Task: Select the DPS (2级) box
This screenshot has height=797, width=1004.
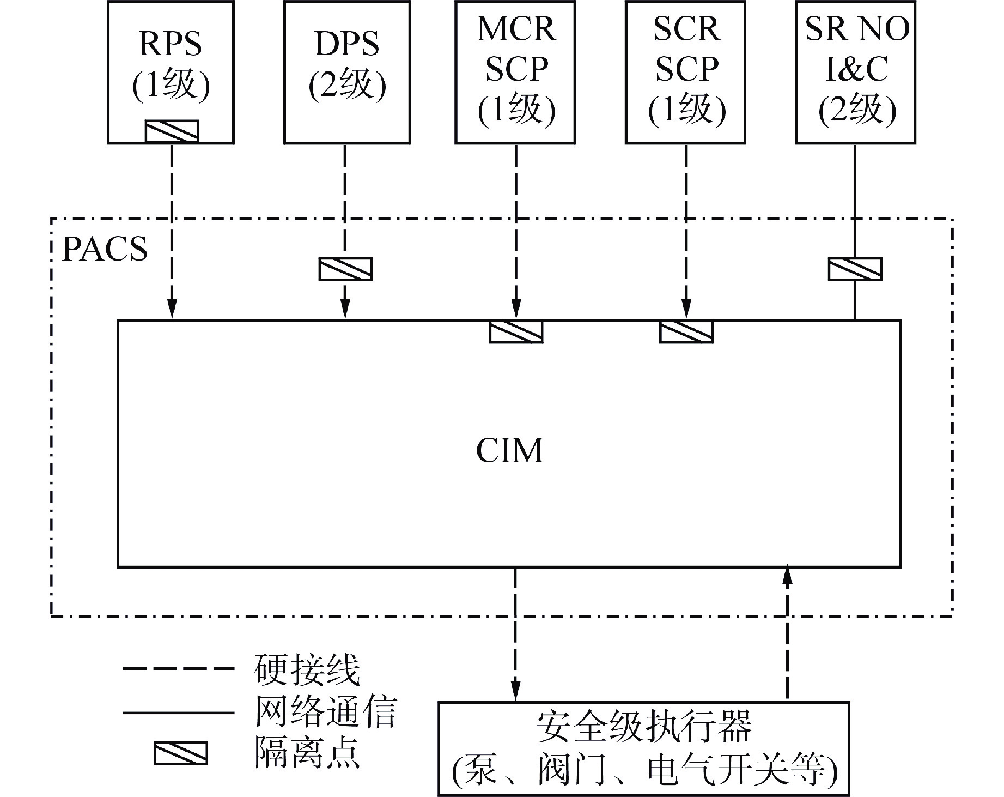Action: click(x=347, y=65)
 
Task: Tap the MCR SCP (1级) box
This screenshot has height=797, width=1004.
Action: click(x=515, y=71)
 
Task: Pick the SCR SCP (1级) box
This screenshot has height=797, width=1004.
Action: click(x=686, y=71)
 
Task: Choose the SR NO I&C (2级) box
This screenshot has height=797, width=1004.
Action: click(x=856, y=71)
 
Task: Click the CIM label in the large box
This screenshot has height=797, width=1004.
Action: click(x=510, y=450)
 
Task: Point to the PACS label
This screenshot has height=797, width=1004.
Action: click(x=105, y=249)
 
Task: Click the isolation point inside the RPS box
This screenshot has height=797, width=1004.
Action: click(x=172, y=131)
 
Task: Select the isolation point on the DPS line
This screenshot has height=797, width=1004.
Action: click(x=345, y=269)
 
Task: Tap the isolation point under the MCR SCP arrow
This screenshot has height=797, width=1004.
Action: click(x=516, y=332)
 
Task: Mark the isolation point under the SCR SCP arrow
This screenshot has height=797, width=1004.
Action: click(x=686, y=332)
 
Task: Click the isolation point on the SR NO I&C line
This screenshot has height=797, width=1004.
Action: click(x=855, y=269)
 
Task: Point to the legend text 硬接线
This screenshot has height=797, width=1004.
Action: click(x=307, y=669)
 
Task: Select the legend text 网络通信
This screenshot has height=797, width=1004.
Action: click(x=325, y=711)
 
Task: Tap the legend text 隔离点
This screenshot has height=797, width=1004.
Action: click(x=307, y=753)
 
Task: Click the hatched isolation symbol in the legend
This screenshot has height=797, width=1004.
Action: click(x=180, y=753)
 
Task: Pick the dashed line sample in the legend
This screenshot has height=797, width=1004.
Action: click(x=178, y=669)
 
